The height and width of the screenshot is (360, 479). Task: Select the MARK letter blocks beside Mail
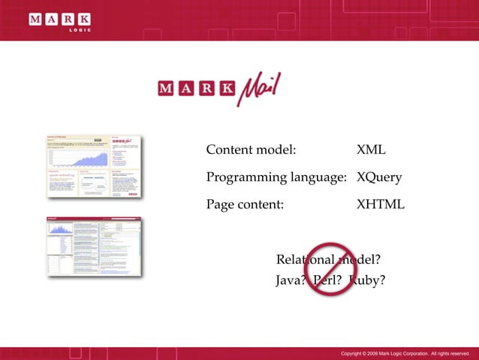pyautogui.click(x=196, y=89)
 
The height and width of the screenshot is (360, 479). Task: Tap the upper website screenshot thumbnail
pyautogui.click(x=94, y=166)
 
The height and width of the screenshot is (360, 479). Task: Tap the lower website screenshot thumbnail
pyautogui.click(x=94, y=249)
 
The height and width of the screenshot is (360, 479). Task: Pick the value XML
pyautogui.click(x=371, y=150)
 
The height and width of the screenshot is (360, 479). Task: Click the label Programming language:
pyautogui.click(x=276, y=177)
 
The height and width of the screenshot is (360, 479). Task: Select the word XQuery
pyautogui.click(x=379, y=177)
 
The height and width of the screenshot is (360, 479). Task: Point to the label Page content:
pyautogui.click(x=245, y=204)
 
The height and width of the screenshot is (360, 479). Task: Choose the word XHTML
pyautogui.click(x=380, y=204)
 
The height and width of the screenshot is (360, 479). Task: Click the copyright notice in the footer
pyautogui.click(x=405, y=353)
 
